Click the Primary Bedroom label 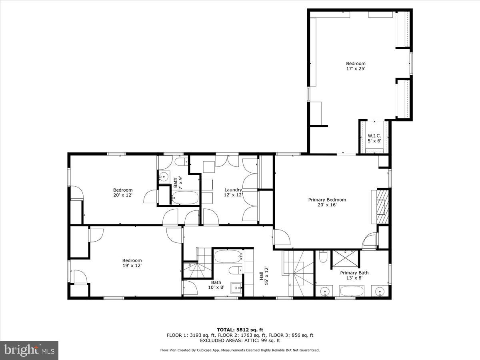pyautogui.click(x=327, y=200)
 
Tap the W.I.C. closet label pyautogui.click(x=374, y=135)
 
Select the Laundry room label pyautogui.click(x=233, y=190)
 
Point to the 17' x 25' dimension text pyautogui.click(x=356, y=69)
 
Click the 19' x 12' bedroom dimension pyautogui.click(x=132, y=265)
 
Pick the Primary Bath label pyautogui.click(x=354, y=273)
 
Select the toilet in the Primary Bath pyautogui.click(x=323, y=256)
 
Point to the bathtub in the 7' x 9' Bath pyautogui.click(x=184, y=197)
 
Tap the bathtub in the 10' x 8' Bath pyautogui.click(x=228, y=256)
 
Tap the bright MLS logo pyautogui.click(x=29, y=350)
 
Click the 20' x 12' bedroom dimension pyautogui.click(x=122, y=195)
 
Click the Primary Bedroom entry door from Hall pyautogui.click(x=282, y=238)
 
